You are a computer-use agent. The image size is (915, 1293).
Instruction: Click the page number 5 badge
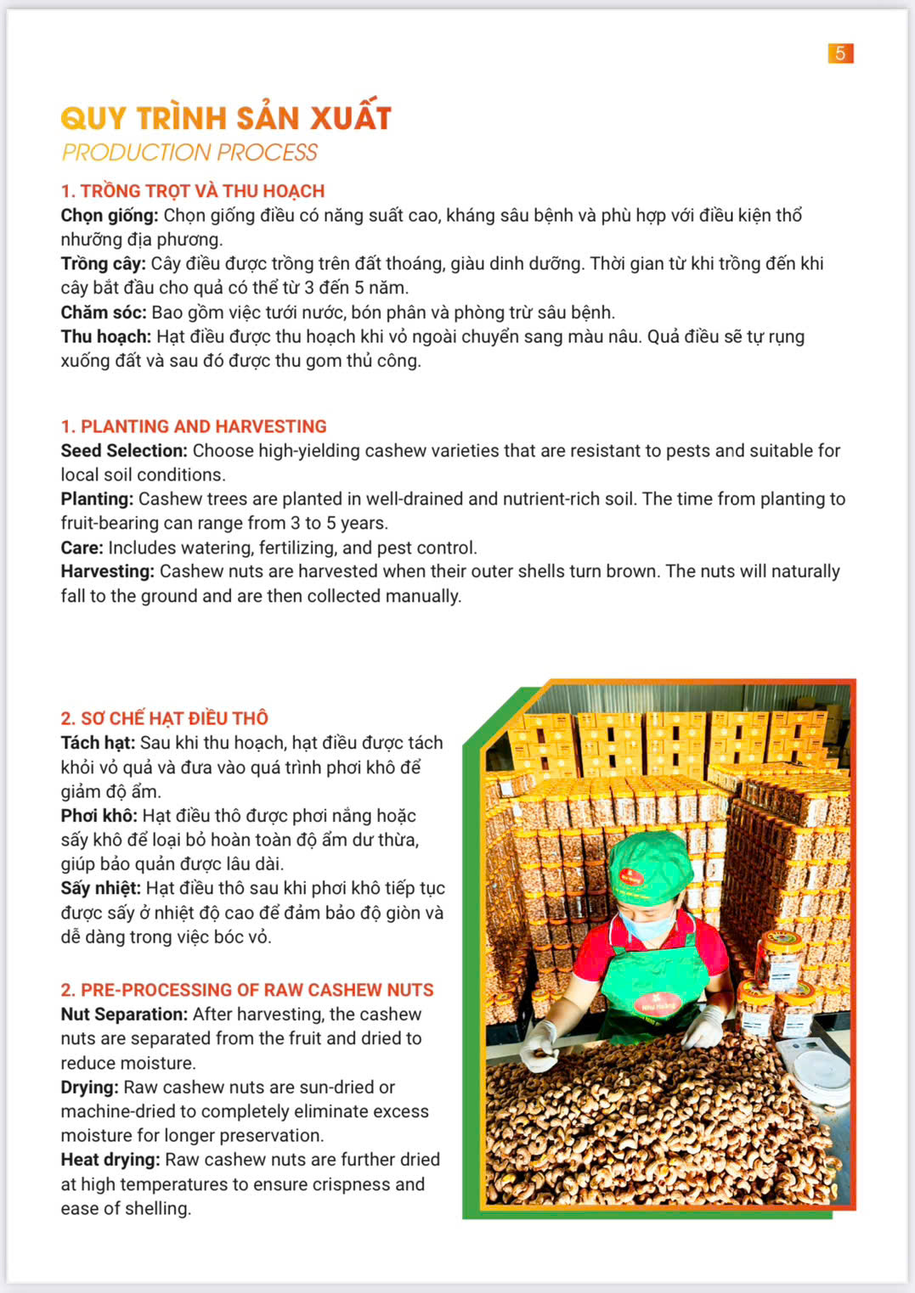point(840,53)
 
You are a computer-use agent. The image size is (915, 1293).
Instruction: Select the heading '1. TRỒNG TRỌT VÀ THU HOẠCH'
point(193,191)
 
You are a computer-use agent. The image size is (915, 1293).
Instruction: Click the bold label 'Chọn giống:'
point(110,216)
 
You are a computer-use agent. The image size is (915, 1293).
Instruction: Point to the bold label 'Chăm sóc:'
point(104,312)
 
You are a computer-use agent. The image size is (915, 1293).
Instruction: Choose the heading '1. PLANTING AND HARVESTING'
point(194,426)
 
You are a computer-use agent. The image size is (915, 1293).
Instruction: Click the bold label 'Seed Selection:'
point(124,451)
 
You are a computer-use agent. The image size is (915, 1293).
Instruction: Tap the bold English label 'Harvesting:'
point(107,571)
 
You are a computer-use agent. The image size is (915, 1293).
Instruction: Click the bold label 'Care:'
point(82,548)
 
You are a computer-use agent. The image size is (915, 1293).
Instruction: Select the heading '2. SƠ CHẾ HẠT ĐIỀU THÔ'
point(164,718)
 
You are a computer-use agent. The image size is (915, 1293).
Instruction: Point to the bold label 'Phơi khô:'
point(99,816)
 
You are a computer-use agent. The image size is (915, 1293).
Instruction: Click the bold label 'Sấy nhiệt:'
point(100,889)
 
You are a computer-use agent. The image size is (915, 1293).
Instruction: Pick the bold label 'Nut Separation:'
point(124,1015)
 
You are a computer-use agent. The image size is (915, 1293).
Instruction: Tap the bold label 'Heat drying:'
point(110,1160)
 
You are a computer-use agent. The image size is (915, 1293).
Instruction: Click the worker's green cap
point(651,867)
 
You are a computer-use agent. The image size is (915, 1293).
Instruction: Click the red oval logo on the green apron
point(658,1004)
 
